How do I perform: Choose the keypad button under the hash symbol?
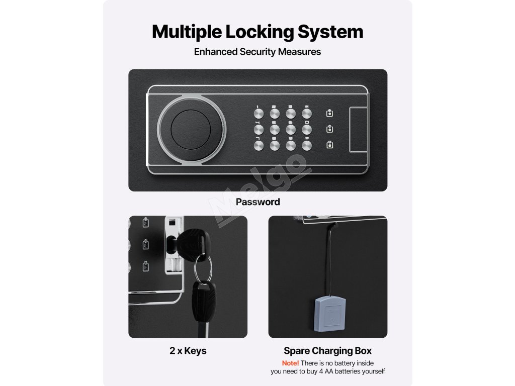(x=308, y=146)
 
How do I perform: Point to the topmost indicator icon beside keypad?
(x=330, y=113)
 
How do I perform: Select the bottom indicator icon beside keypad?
(x=330, y=145)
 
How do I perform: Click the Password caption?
(x=258, y=202)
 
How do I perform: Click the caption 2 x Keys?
(x=188, y=351)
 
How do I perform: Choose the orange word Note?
(x=290, y=363)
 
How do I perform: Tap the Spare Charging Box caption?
(x=328, y=351)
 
